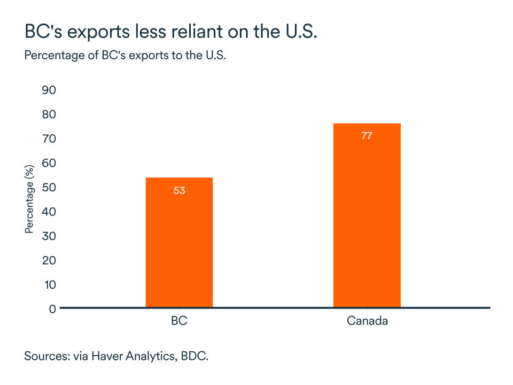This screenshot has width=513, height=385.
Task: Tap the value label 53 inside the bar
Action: (x=179, y=190)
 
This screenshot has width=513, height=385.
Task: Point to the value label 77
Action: (x=367, y=136)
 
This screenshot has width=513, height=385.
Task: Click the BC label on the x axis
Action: (x=179, y=322)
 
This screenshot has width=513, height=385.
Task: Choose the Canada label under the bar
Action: (x=367, y=322)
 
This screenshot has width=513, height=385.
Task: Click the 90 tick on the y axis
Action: (x=49, y=90)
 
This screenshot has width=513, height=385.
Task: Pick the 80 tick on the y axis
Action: (x=49, y=114)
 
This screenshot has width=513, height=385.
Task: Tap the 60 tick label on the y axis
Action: (x=49, y=163)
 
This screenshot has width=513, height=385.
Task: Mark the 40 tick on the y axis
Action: (x=49, y=212)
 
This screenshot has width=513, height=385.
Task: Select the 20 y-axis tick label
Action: (x=49, y=260)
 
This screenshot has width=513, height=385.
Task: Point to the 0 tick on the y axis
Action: (x=52, y=309)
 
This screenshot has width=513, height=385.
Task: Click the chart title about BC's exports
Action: (x=171, y=32)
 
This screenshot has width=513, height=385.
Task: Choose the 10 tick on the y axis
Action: (x=49, y=284)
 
